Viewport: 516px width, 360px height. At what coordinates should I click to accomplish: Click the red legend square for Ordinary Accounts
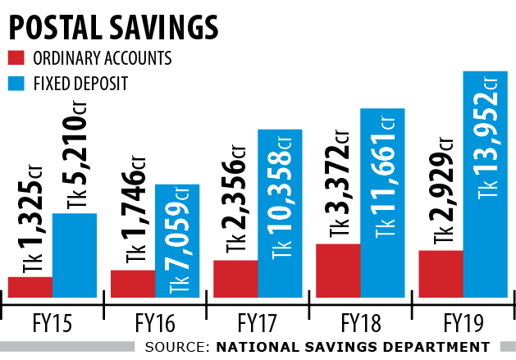(16, 58)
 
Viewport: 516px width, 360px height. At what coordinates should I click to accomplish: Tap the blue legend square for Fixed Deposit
(16, 82)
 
